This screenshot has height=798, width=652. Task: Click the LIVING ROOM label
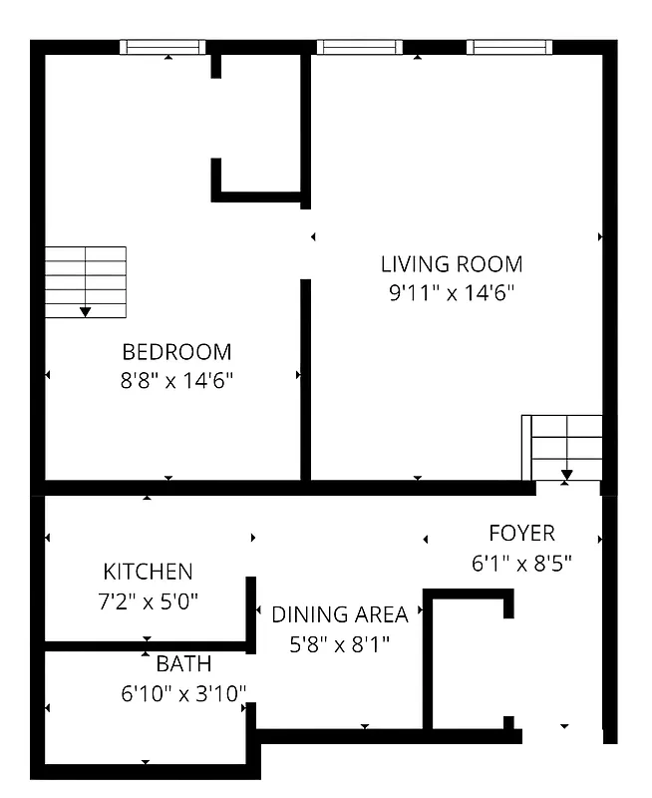[452, 264]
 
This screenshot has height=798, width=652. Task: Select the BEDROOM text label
[176, 352]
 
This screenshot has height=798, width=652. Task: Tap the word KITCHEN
[148, 572]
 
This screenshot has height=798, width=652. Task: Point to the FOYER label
[521, 533]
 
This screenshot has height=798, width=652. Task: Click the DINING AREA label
[340, 614]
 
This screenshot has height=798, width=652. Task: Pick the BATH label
[183, 663]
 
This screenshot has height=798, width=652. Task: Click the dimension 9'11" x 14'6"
[452, 293]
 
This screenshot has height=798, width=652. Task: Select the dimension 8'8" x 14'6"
[176, 380]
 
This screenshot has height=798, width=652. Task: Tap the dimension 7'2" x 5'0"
[148, 601]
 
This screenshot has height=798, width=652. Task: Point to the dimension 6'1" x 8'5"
[521, 563]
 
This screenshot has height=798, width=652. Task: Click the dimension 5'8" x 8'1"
[340, 644]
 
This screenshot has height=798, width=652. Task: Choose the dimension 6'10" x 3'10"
[183, 693]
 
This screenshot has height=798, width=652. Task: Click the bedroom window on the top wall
[163, 47]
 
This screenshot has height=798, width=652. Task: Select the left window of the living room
[360, 47]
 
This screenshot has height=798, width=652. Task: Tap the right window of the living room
[509, 47]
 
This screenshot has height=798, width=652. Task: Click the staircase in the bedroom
[86, 282]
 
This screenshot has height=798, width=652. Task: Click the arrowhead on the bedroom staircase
[86, 311]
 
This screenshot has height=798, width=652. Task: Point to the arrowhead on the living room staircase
[566, 475]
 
